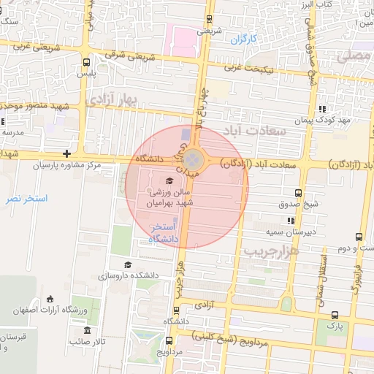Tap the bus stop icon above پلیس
(x=86, y=63)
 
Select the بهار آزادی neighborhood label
(x=112, y=101)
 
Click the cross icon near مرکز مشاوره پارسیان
(x=67, y=153)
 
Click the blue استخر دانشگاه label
(x=164, y=234)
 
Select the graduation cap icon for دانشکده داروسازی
(x=128, y=264)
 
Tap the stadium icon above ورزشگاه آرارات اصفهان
(x=50, y=298)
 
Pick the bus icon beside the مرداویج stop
(x=170, y=340)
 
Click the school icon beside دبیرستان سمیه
(x=291, y=220)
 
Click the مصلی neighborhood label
(x=359, y=56)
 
